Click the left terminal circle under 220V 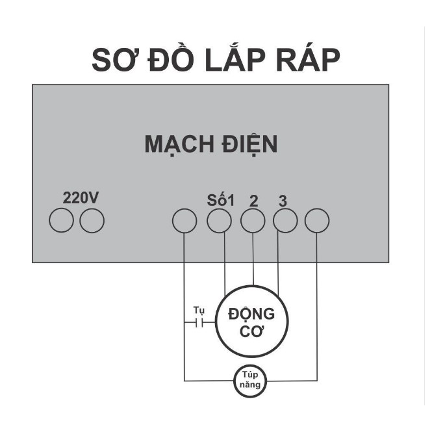tap(62, 222)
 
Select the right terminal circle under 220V tap(92, 222)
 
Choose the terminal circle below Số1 tap(219, 222)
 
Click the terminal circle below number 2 tap(253, 222)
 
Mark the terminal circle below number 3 tap(285, 222)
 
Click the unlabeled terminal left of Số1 tap(184, 222)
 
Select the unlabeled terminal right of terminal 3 tap(317, 222)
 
